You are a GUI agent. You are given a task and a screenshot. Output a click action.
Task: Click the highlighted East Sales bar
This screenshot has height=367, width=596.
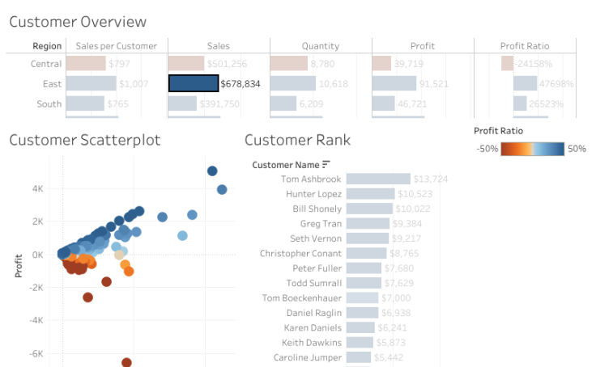click(x=194, y=83)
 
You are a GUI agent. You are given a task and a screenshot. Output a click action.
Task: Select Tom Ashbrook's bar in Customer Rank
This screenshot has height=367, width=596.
click(x=378, y=179)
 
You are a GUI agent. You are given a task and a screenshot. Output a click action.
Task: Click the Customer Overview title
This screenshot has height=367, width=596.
click(x=78, y=22)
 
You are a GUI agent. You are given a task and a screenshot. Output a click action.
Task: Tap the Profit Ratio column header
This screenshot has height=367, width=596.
click(x=525, y=46)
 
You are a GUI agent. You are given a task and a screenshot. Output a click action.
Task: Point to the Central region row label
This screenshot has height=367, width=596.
click(x=46, y=64)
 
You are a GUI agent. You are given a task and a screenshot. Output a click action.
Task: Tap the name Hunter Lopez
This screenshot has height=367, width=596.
click(x=313, y=194)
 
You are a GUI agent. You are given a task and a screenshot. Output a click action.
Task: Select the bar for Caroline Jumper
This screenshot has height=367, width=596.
click(x=359, y=357)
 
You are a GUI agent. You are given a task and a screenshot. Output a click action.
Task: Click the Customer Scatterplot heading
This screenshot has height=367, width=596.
click(x=85, y=140)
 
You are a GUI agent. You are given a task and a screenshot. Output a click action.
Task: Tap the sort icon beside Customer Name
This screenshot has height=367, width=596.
click(x=326, y=165)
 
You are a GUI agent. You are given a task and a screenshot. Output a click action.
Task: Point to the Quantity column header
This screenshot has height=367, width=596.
click(x=321, y=46)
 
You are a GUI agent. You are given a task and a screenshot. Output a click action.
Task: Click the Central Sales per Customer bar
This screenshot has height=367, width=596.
click(x=85, y=64)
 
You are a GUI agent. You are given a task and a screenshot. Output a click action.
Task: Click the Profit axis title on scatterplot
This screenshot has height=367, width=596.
click(x=19, y=265)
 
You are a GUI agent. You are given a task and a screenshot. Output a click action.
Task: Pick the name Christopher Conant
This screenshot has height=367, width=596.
click(x=300, y=253)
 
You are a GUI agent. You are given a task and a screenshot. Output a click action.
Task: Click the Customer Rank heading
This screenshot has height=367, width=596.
click(x=297, y=140)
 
